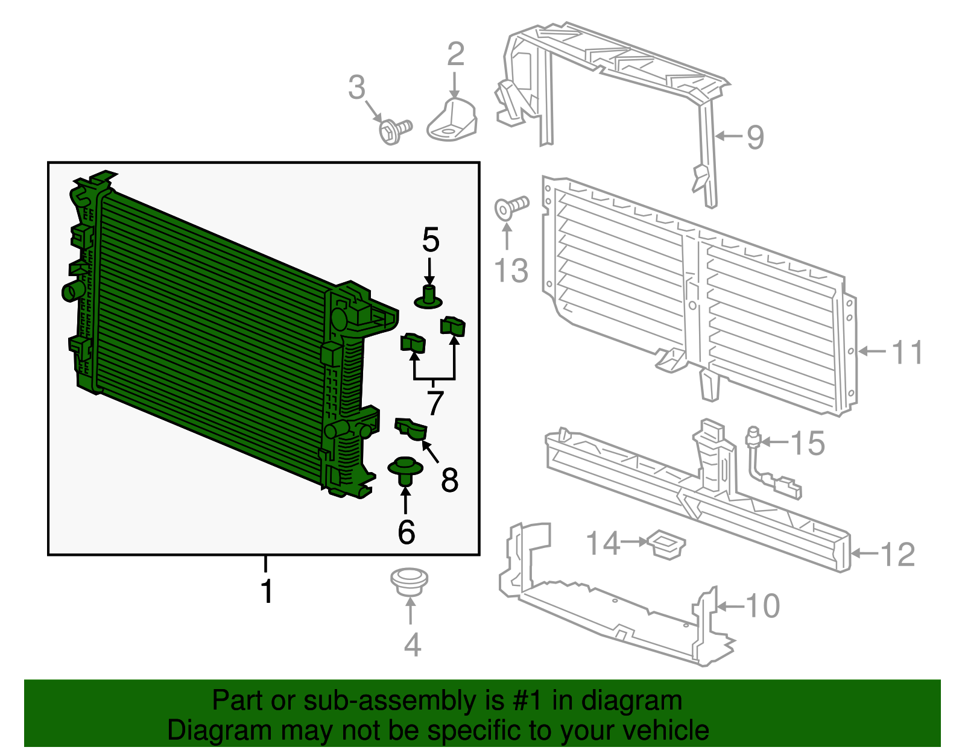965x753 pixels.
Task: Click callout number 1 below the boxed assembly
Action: pos(266,591)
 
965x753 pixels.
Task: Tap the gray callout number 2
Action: pos(456,55)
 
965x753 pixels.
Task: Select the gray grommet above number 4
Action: pos(409,582)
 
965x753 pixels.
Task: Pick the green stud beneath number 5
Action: pos(429,297)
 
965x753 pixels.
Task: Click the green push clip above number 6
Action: pos(405,470)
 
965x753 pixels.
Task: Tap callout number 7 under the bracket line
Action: pos(435,403)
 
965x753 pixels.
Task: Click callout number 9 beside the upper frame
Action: pos(755,137)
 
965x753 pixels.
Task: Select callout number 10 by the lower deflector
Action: pos(763,606)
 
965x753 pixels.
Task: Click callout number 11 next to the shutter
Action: pos(907,352)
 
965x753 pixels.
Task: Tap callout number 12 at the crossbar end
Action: pos(898,554)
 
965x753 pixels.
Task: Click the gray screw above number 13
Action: pos(510,207)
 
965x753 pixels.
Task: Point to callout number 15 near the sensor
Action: pos(808,443)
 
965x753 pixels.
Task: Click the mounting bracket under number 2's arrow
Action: pos(452,121)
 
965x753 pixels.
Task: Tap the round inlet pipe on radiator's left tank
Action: pos(72,291)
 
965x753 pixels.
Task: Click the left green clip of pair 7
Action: pos(413,343)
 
